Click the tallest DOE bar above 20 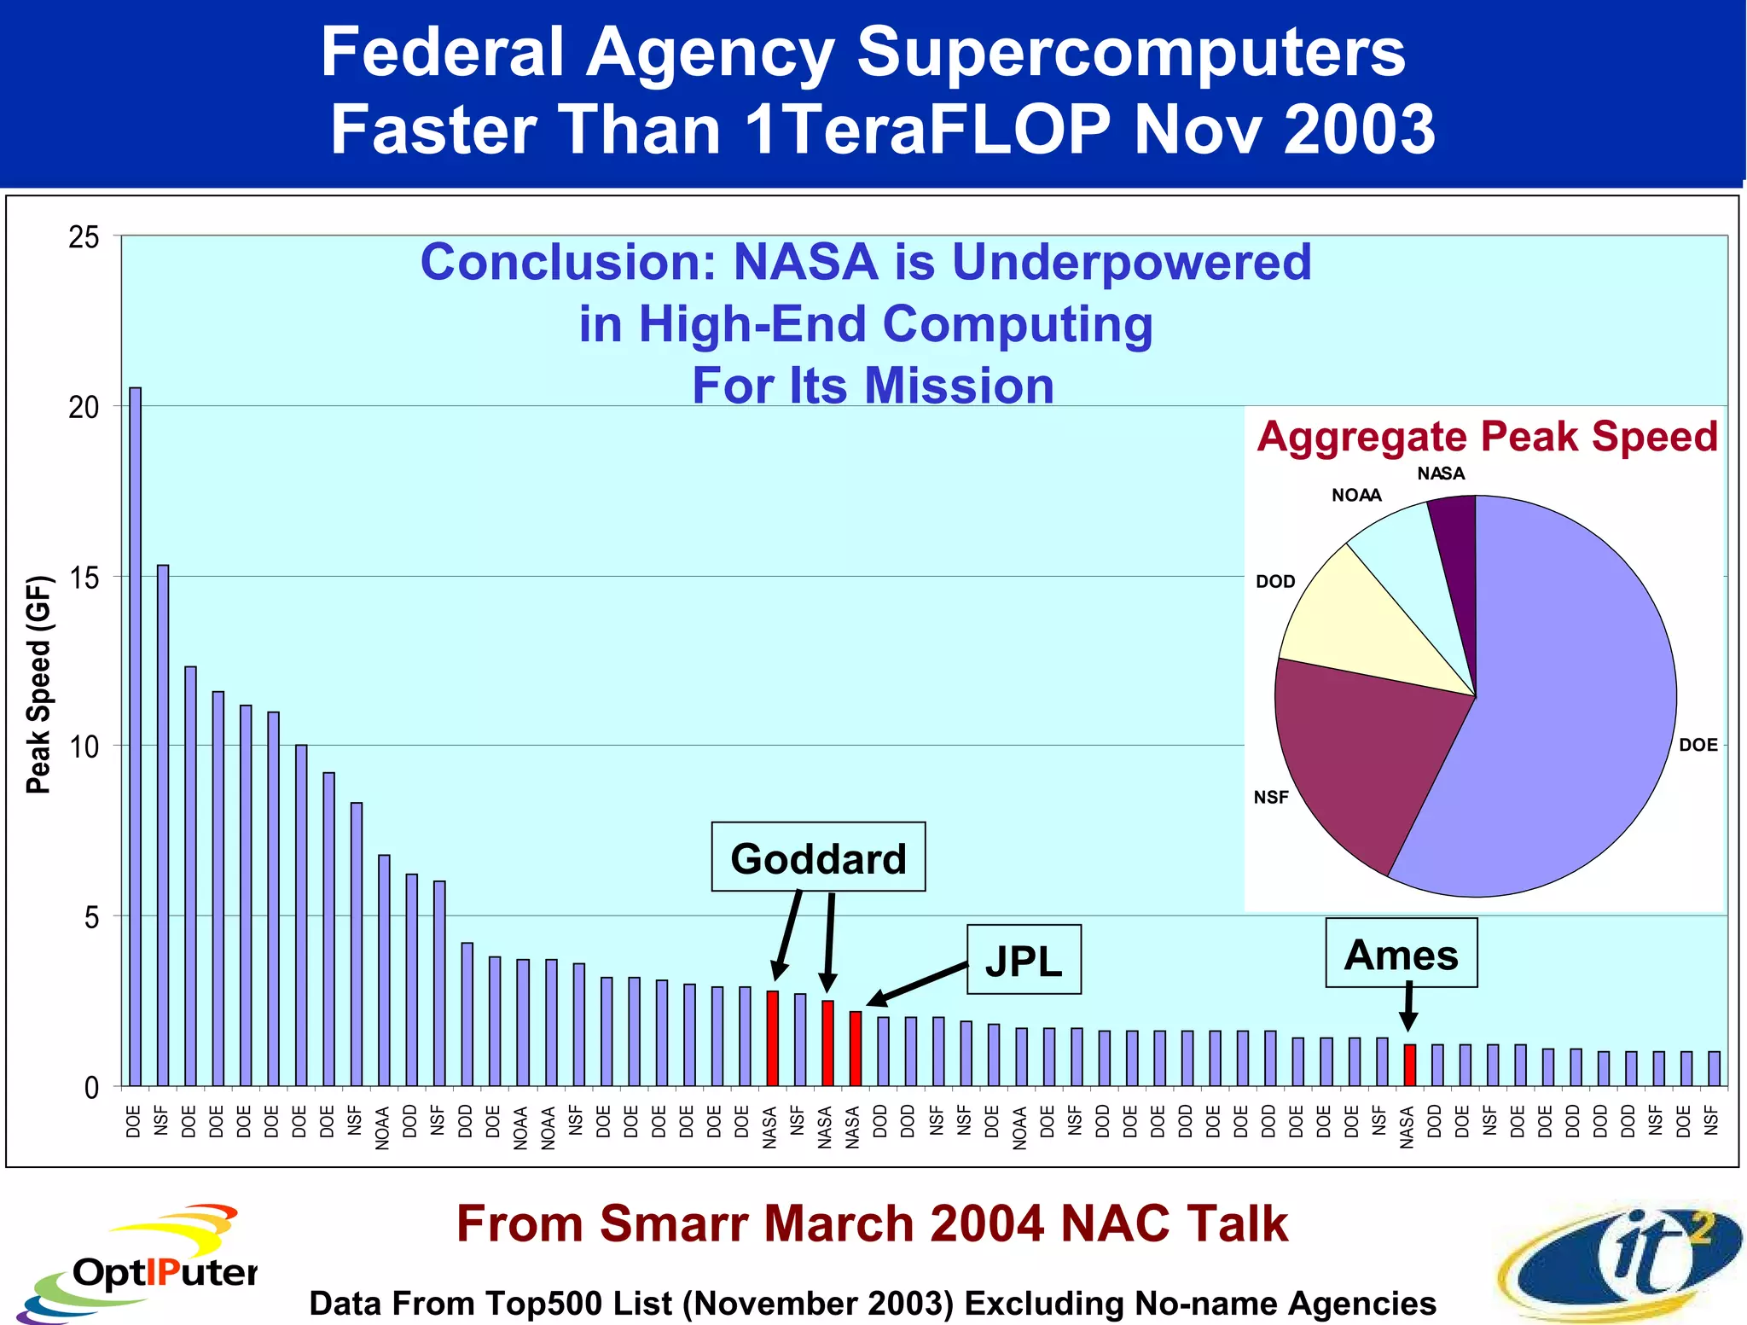pos(135,734)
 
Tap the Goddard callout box pos(818,857)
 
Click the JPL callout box pos(1024,959)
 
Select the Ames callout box pos(1401,952)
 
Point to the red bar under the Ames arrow pos(1410,1065)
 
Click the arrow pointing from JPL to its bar pos(917,983)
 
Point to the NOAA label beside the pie pos(1356,495)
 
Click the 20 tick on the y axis pos(84,407)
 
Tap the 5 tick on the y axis pos(90,917)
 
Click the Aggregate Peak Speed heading pos(1486,436)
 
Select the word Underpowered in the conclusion pos(1131,261)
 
